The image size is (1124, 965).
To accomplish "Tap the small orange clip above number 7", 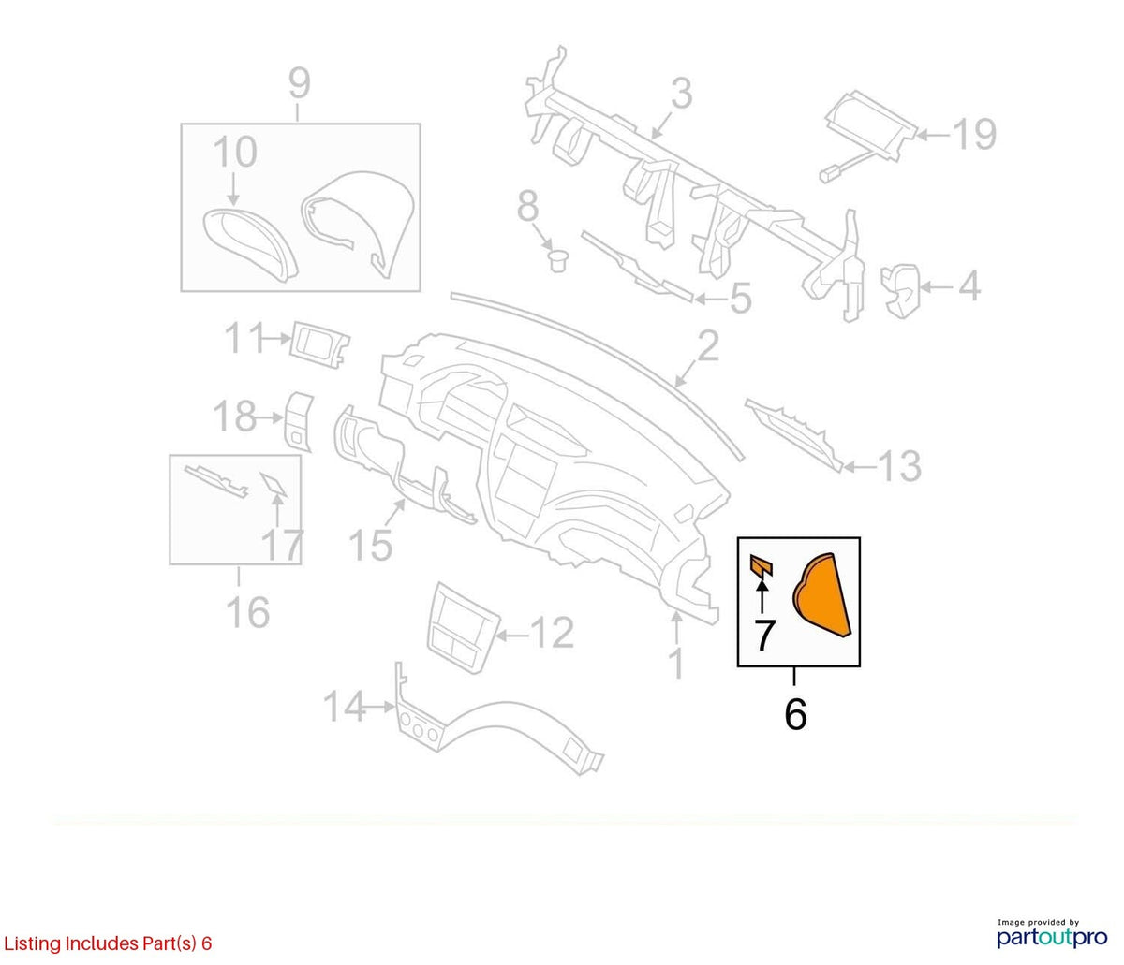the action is click(x=761, y=565).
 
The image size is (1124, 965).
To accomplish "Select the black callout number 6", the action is click(x=795, y=714).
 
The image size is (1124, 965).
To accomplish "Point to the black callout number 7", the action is click(x=763, y=635).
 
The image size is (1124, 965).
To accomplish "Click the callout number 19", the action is click(x=975, y=134).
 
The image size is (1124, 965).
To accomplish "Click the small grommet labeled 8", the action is click(x=556, y=261).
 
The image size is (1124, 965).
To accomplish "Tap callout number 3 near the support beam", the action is click(x=681, y=94).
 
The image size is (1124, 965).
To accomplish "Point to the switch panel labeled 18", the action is click(x=299, y=421).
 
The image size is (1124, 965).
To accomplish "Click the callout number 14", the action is click(x=345, y=707).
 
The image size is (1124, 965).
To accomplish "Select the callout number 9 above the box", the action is click(x=299, y=82).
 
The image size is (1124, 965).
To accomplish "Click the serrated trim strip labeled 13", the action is click(x=794, y=434).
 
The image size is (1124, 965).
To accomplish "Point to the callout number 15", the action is click(x=370, y=544).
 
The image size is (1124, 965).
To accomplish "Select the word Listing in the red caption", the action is click(x=32, y=943).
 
